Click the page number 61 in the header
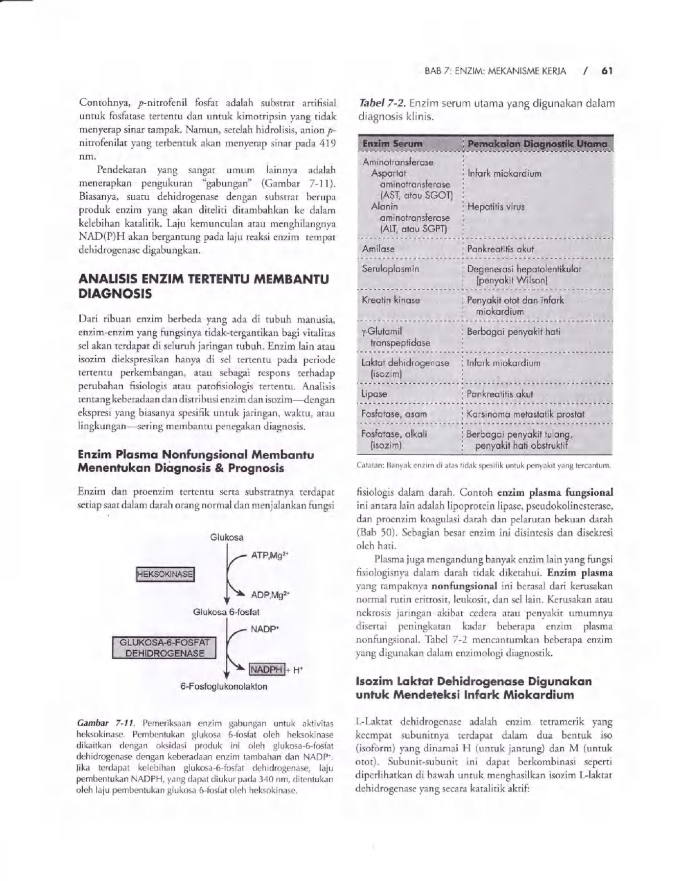pos(607,71)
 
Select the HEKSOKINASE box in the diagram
pos(165,574)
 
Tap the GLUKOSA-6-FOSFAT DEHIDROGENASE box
pos(164,648)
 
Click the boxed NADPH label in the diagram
pos(266,670)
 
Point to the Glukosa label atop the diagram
pos(227,537)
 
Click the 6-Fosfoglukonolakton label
pos(224,687)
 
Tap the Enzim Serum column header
pos(392,144)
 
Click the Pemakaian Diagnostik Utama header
pos(537,144)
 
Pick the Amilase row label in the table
pos(378,249)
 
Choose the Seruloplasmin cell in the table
pos(390,269)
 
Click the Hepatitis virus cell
pos(495,207)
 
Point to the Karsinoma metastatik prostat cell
pos(525,414)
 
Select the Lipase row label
pos(374,394)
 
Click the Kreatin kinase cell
pos(390,300)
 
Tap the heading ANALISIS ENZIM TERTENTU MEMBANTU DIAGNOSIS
pos(203,287)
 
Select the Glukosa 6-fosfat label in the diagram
pos(226,612)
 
